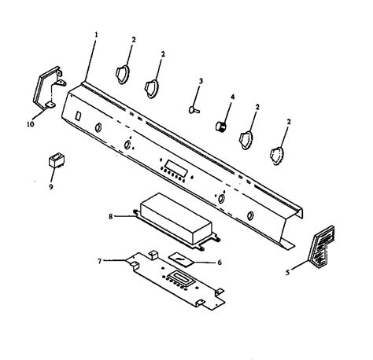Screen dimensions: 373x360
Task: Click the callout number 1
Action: click(96, 35)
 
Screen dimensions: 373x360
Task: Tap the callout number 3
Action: click(201, 81)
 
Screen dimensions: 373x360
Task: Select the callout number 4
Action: click(232, 97)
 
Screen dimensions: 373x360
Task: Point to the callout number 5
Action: click(288, 273)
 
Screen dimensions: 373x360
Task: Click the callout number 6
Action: click(220, 262)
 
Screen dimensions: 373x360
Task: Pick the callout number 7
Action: click(99, 261)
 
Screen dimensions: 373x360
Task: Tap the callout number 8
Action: click(111, 217)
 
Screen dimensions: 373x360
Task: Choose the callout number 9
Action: click(51, 186)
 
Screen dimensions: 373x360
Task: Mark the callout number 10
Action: click(31, 124)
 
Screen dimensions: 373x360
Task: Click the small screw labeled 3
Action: click(194, 109)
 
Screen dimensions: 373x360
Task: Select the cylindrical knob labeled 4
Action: click(221, 127)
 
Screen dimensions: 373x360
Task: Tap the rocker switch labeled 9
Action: click(57, 160)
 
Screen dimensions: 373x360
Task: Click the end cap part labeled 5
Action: click(321, 248)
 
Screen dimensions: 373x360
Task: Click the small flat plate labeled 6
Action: click(181, 259)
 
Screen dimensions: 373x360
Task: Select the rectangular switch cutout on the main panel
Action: click(78, 116)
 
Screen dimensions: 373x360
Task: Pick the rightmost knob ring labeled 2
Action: click(277, 156)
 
